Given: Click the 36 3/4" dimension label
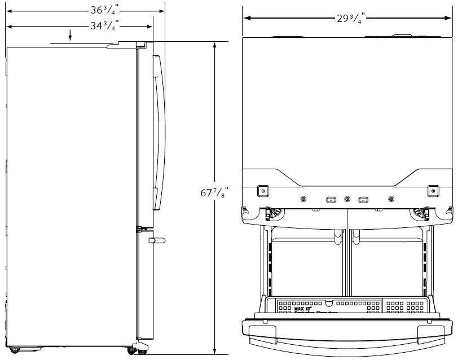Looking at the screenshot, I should point(104,10).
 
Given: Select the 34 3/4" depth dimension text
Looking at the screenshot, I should point(104,25).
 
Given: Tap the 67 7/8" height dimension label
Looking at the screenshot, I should point(214,192).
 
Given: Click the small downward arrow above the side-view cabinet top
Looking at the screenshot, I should point(70,37).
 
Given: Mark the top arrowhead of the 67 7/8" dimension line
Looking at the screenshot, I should point(214,45).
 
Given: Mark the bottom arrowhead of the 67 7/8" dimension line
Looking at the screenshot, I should point(214,350).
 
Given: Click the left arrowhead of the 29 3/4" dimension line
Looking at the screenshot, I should point(247,18).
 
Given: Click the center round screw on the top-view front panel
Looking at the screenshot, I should point(347,199).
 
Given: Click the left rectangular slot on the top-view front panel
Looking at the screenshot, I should point(331,199).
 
